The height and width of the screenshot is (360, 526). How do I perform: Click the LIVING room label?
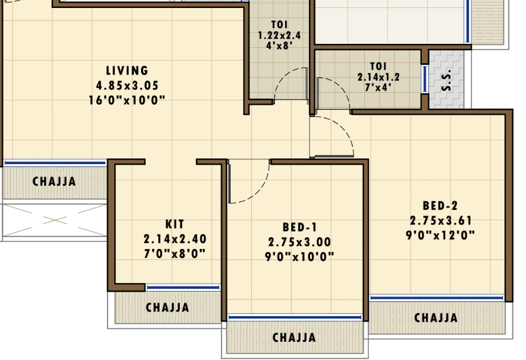(x=127, y=71)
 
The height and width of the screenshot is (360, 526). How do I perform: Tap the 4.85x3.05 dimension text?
(x=127, y=85)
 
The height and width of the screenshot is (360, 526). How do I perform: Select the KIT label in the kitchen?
(x=175, y=224)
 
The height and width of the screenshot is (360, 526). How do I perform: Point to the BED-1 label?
(x=299, y=227)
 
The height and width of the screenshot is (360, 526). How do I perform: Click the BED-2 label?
(x=440, y=206)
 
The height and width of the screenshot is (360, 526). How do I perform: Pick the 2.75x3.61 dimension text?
(x=441, y=220)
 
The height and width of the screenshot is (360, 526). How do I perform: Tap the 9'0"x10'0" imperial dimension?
(x=299, y=257)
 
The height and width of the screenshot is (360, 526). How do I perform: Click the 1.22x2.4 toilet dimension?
(x=279, y=35)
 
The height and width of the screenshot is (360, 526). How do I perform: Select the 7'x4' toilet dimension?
(x=379, y=87)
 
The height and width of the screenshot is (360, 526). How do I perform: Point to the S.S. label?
(x=446, y=81)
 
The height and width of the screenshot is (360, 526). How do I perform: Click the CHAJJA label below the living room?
(x=54, y=182)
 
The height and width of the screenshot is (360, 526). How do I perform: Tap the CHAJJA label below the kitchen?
(x=167, y=307)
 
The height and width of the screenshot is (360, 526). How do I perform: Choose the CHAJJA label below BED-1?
(x=294, y=337)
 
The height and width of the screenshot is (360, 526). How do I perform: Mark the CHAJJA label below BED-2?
(x=436, y=318)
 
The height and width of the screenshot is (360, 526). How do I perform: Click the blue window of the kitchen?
(x=183, y=288)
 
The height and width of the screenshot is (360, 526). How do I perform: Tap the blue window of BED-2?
(x=437, y=298)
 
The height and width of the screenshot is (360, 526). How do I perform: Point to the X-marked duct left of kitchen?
(x=55, y=220)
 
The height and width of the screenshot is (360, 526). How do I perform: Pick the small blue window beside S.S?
(x=425, y=79)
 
